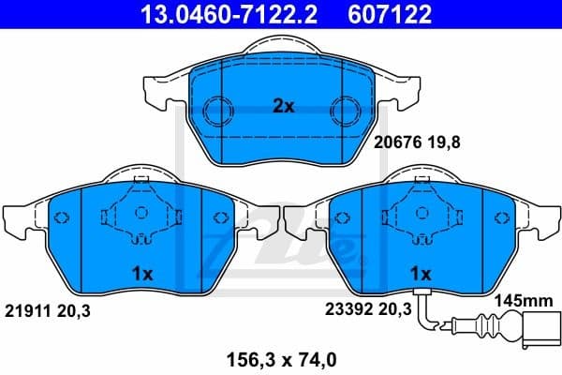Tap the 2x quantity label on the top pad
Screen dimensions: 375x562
283,107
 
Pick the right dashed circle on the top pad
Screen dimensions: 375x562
348,106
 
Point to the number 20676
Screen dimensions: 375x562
394,142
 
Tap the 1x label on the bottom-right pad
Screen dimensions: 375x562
421,273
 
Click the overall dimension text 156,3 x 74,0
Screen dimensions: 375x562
281,357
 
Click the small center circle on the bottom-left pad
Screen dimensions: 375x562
140,212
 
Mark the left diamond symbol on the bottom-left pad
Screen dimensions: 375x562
62,218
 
